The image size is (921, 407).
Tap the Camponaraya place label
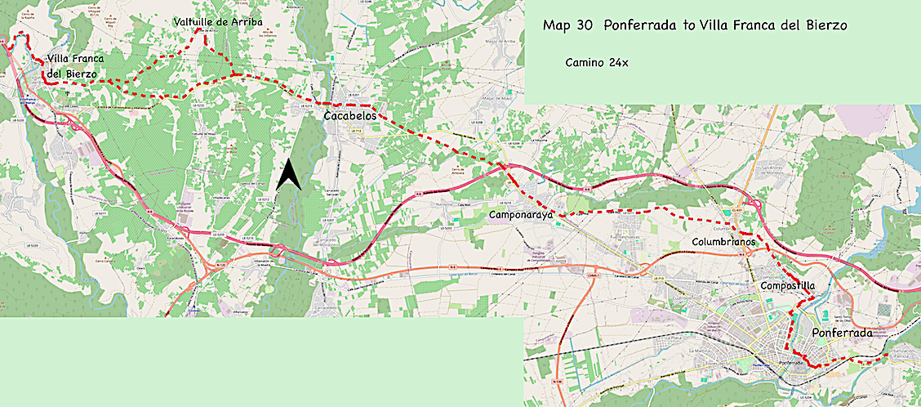pyautogui.click(x=521, y=215)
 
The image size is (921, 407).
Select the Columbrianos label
pyautogui.click(x=724, y=243)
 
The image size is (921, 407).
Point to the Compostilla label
pyautogui.click(x=788, y=286)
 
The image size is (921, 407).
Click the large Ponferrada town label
pyautogui.click(x=843, y=333)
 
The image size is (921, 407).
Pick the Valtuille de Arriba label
pyautogui.click(x=218, y=22)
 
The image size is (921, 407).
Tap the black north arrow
pyautogui.click(x=288, y=176)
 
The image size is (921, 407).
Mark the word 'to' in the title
pyautogui.click(x=687, y=26)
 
